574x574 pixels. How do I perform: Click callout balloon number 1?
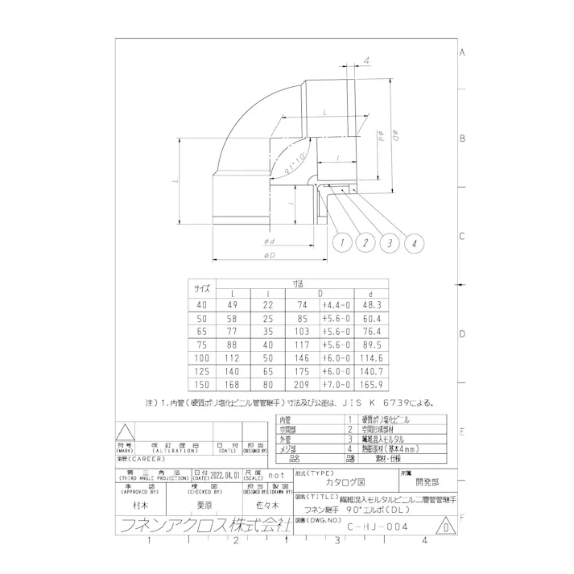click(x=343, y=242)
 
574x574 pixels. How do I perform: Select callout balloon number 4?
click(x=415, y=242)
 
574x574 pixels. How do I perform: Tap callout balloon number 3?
click(x=390, y=242)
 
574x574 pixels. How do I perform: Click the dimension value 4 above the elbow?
click(x=367, y=60)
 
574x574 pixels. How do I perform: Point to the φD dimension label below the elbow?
click(x=269, y=255)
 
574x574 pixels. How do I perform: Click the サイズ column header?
click(x=201, y=288)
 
